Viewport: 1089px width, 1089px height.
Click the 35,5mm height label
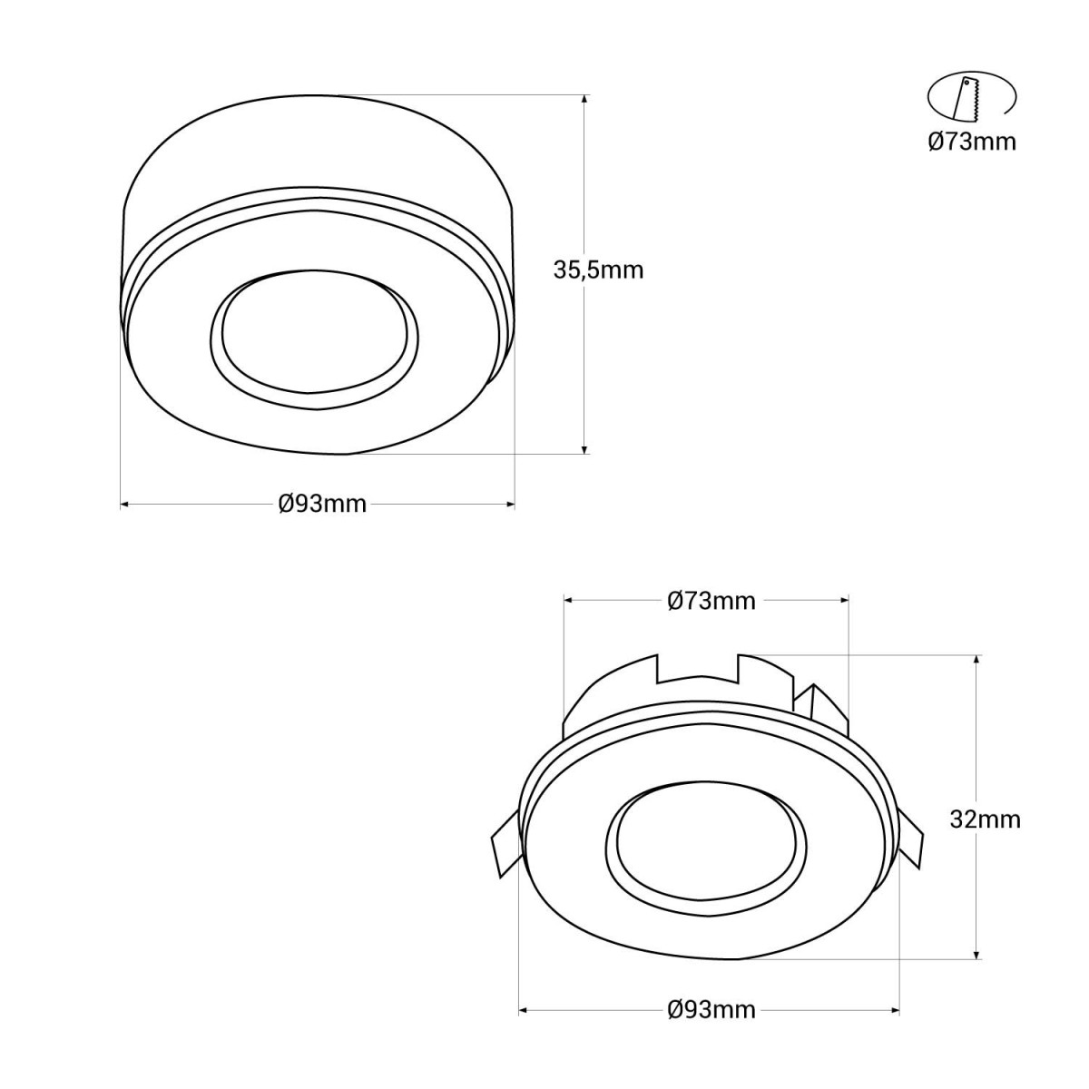click(x=598, y=270)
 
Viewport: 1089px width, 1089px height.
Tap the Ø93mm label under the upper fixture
click(x=322, y=505)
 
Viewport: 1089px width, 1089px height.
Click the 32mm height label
click(x=985, y=819)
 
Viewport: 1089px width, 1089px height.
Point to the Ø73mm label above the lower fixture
click(x=711, y=601)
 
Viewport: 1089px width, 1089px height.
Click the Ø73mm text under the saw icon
click(x=972, y=142)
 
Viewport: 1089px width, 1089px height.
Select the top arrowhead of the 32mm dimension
click(x=976, y=661)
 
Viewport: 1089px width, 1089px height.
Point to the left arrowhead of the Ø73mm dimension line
click(x=570, y=599)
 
